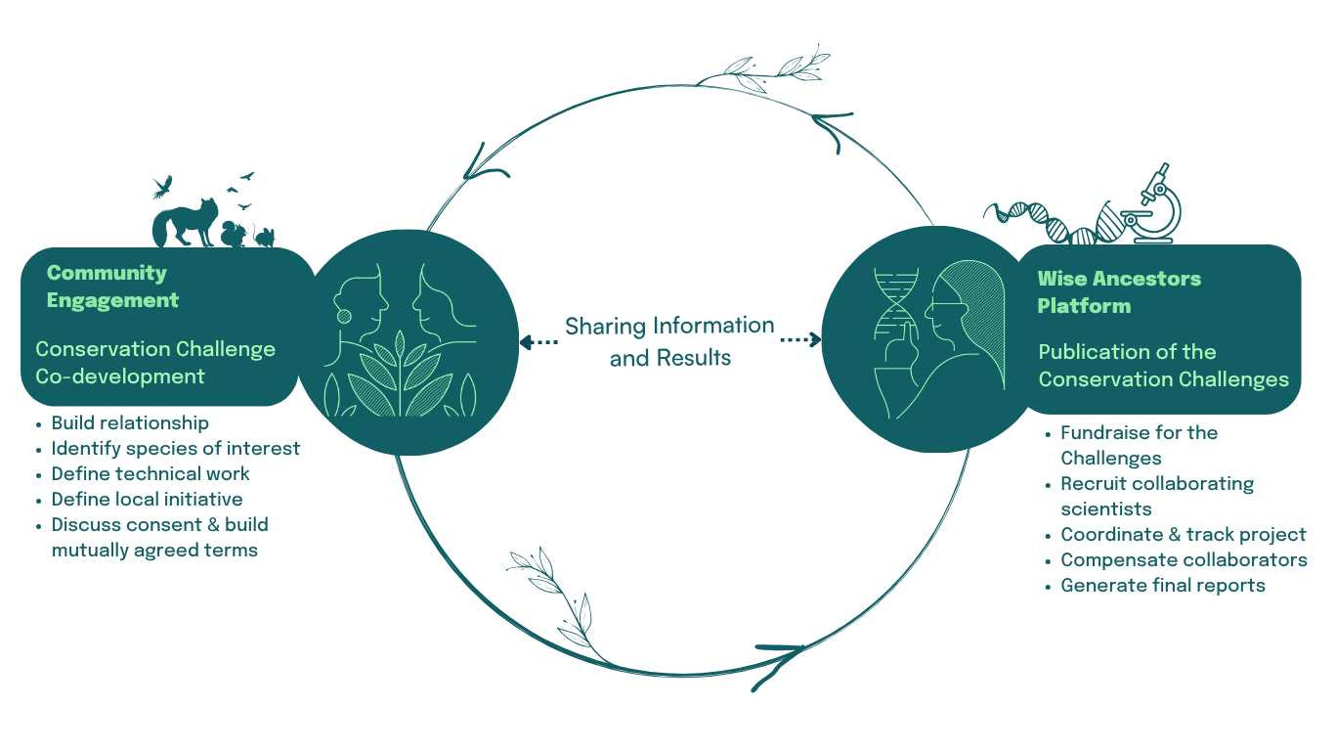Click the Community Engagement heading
(112, 287)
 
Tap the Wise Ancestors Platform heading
(1119, 292)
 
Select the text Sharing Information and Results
(669, 341)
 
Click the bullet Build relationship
(130, 422)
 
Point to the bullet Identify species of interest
(176, 448)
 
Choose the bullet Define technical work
(151, 473)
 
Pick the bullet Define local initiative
(147, 499)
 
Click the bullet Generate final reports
(1163, 585)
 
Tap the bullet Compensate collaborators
(1184, 559)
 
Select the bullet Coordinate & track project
(1183, 534)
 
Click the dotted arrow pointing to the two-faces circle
(538, 341)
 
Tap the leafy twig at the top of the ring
(772, 68)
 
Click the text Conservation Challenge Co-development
(155, 362)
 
